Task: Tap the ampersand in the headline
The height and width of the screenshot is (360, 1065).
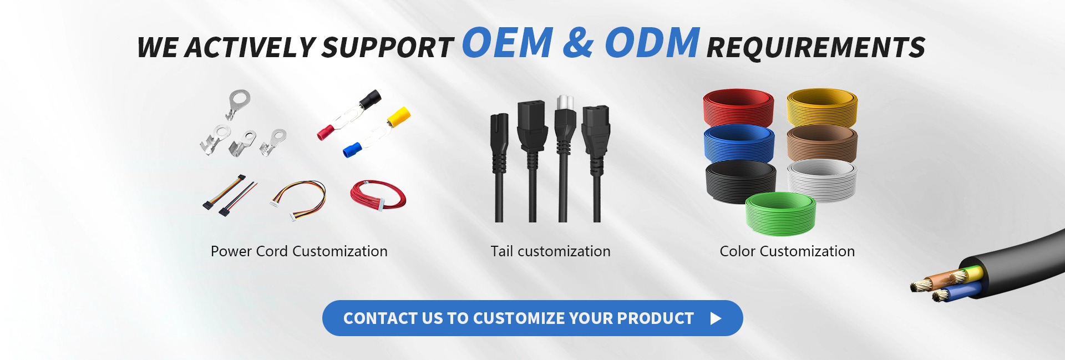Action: click(579, 43)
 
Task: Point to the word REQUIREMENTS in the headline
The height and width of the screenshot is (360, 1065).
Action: click(816, 47)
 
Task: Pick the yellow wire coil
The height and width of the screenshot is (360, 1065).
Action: click(822, 107)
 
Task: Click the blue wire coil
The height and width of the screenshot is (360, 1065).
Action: click(738, 144)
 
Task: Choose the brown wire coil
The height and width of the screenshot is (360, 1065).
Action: click(822, 143)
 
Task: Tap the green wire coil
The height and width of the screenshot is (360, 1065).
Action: click(781, 213)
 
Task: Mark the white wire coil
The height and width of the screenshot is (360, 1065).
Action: click(822, 180)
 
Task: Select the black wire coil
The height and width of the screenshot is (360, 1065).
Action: click(740, 181)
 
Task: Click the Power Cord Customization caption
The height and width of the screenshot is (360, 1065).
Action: click(299, 251)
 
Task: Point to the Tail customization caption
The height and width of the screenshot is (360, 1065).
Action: click(550, 251)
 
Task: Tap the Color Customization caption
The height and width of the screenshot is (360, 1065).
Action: click(787, 251)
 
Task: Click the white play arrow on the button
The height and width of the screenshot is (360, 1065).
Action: click(716, 318)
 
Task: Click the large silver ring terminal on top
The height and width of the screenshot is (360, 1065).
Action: click(237, 104)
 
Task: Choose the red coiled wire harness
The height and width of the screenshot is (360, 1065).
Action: click(378, 195)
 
